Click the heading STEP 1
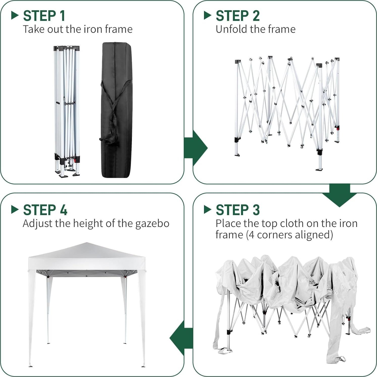click(44, 16)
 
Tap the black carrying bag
click(117, 110)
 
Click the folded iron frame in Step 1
click(67, 111)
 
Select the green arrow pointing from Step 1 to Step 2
click(196, 148)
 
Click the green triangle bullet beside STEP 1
click(15, 15)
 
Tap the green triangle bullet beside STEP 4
click(15, 209)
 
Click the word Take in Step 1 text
click(34, 29)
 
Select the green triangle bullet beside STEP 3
click(207, 209)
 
